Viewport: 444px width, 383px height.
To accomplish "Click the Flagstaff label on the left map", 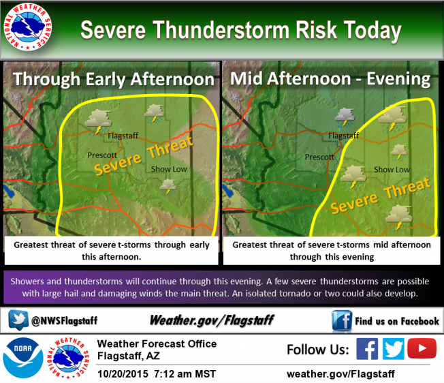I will point(123,135).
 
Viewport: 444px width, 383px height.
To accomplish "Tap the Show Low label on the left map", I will point(169,169).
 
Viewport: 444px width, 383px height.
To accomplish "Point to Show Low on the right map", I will point(392,169).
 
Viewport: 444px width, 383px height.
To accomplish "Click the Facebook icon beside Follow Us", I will point(367,349).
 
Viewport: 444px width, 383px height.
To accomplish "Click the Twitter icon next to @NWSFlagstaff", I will point(18,320).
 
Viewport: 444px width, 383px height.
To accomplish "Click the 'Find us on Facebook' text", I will point(397,321).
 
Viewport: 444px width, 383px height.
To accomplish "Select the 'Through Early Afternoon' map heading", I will point(113,79).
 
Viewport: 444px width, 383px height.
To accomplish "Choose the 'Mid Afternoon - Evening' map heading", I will point(330,79).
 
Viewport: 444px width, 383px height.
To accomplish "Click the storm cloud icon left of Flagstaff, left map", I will point(97,120).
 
